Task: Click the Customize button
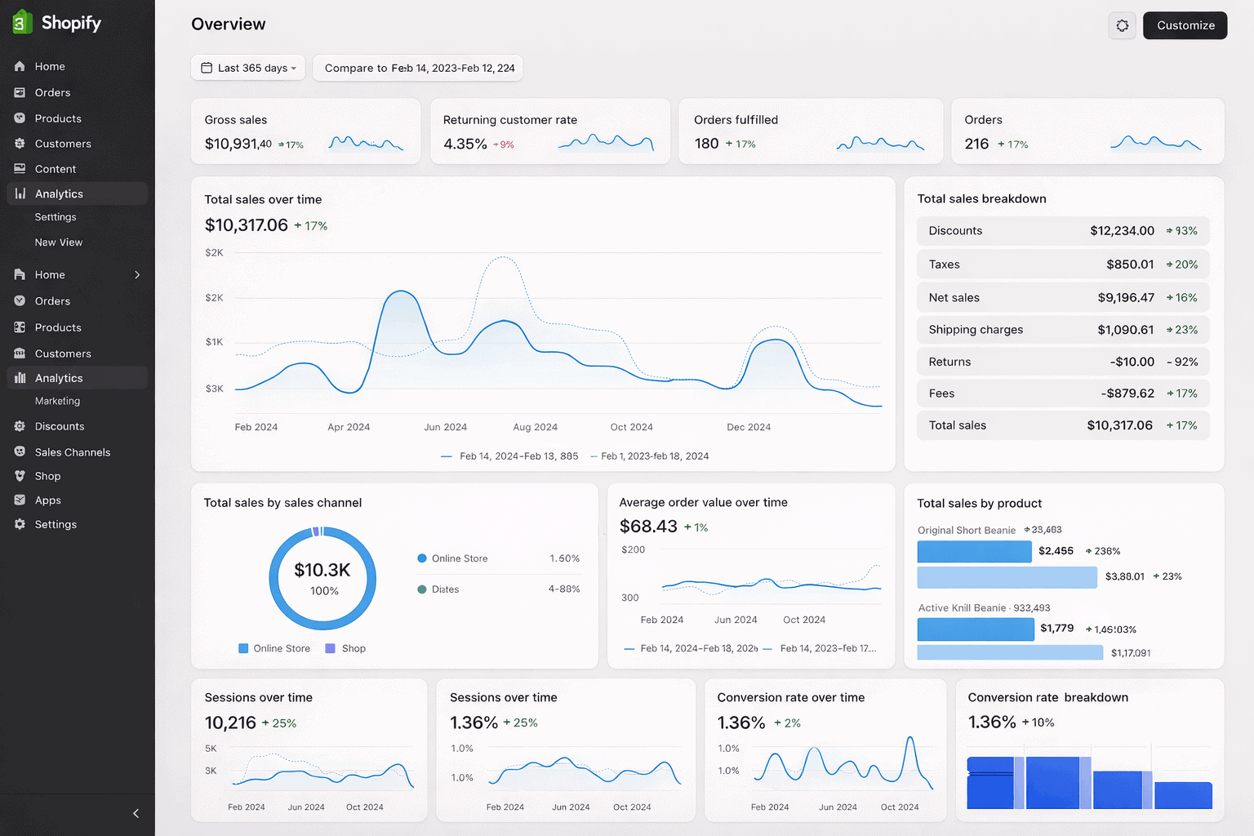coord(1185,25)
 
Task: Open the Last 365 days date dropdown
coord(248,68)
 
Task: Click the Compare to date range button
coord(418,68)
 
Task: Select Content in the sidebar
coord(55,169)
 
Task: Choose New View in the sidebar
coord(58,242)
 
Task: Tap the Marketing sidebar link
coord(57,401)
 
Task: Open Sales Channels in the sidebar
coord(72,452)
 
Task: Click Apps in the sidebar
coord(47,500)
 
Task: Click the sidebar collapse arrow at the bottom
coord(136,813)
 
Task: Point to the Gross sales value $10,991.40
coord(238,144)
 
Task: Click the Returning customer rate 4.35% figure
coord(465,144)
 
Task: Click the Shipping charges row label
coord(975,330)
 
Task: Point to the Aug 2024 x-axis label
coord(535,427)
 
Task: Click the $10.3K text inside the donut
coord(322,570)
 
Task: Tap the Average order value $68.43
coord(648,527)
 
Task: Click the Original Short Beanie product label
coord(966,531)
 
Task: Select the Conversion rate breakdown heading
coord(1047,697)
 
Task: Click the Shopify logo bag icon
coord(22,22)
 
